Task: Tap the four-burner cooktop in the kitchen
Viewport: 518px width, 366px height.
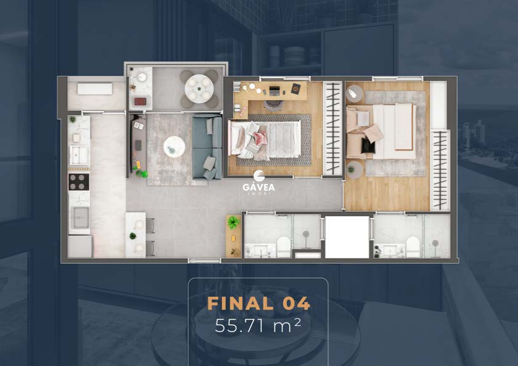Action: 79,182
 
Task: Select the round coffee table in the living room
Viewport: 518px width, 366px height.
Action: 174,147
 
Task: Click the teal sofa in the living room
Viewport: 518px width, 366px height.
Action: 207,147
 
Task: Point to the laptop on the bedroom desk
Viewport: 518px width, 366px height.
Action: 274,90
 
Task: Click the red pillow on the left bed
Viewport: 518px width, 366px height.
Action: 260,137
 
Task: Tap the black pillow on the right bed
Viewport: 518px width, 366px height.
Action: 368,146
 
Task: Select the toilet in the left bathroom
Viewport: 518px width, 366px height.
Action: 284,247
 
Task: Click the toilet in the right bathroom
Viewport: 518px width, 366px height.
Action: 413,247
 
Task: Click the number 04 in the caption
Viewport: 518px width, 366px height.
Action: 296,304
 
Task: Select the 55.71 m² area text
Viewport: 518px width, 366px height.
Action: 258,326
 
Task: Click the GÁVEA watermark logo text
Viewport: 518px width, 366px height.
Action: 258,187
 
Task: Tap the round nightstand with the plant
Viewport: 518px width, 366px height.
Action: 355,170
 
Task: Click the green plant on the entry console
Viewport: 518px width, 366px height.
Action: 234,222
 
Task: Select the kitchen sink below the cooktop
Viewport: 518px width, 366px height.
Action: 80,217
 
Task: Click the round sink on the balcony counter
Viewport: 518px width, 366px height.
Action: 142,77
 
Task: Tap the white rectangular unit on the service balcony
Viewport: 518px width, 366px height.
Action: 95,89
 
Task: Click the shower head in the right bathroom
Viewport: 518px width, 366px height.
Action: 435,243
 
